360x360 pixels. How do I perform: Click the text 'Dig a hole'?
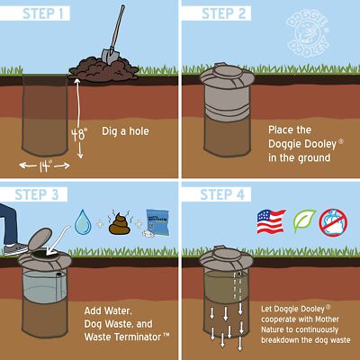pos(125,132)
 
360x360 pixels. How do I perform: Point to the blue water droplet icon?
pos(83,220)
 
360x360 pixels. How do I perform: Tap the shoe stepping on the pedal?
pos(13,246)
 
